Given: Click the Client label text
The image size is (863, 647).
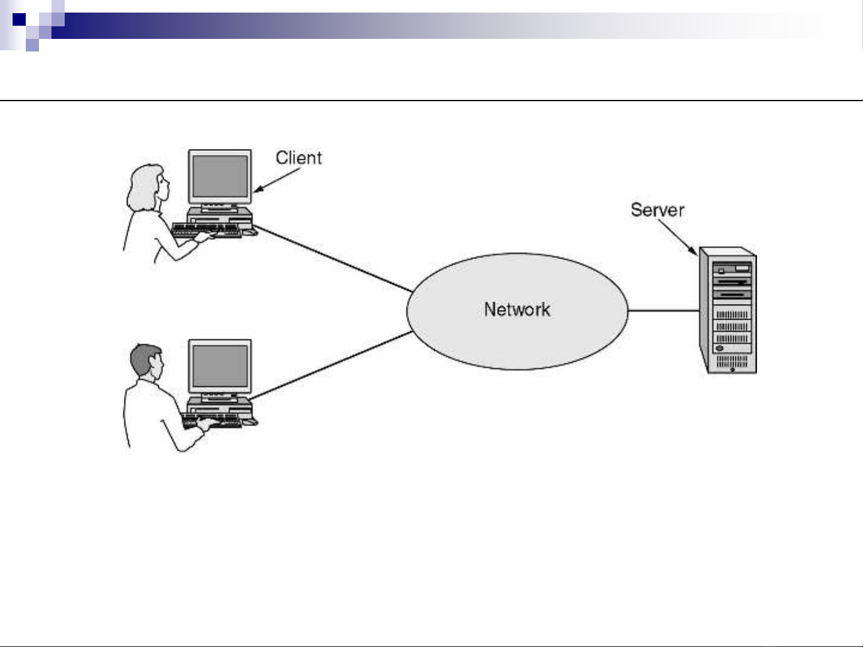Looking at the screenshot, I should [298, 158].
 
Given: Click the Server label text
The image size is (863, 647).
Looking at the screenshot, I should [657, 210].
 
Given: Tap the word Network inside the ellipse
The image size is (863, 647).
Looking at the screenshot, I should [517, 309].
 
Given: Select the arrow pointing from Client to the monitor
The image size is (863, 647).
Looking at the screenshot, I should [277, 180].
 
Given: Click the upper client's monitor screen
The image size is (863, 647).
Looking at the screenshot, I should [220, 177].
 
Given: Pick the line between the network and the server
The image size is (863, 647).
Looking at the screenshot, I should [664, 311].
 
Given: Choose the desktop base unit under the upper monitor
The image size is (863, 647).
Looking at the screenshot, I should [220, 215].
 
